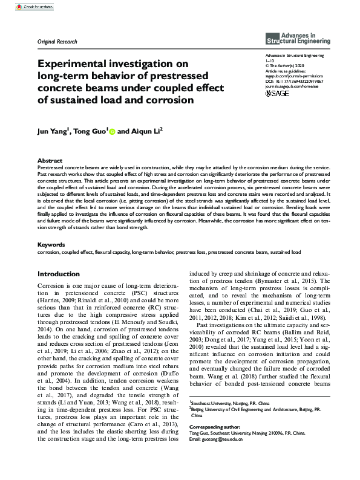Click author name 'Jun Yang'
[53, 131]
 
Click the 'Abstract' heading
[50, 161]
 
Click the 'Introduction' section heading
[58, 274]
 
